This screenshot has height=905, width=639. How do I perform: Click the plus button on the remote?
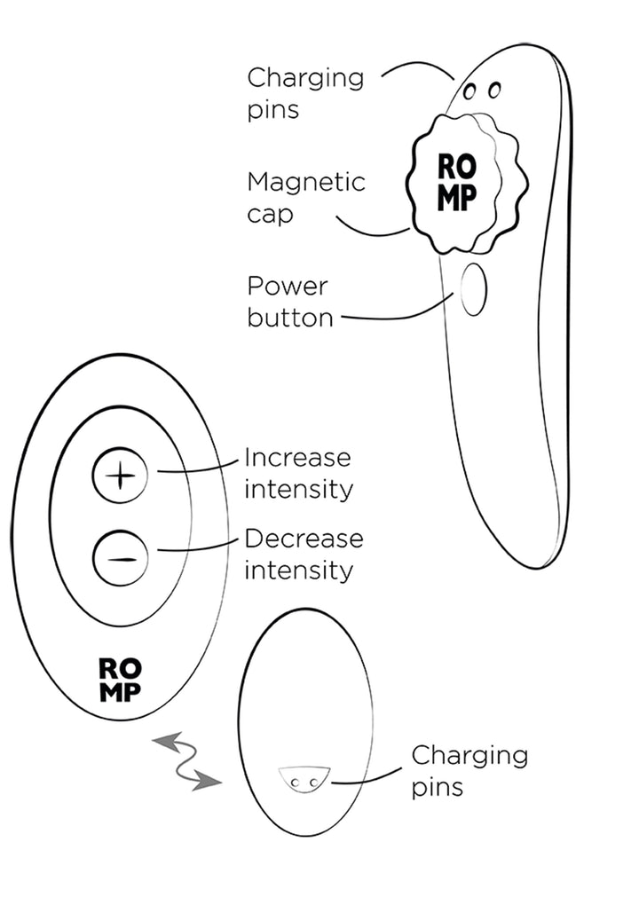click(x=120, y=476)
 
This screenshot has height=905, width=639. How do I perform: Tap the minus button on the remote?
click(x=120, y=558)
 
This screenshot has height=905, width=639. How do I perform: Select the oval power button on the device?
click(x=473, y=290)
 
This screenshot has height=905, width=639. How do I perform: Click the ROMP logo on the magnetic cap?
click(x=456, y=182)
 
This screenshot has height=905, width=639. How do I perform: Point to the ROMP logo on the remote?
click(x=120, y=681)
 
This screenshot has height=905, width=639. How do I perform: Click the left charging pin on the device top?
click(x=470, y=91)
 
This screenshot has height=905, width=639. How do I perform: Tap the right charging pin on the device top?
click(x=493, y=90)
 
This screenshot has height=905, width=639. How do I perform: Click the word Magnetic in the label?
click(x=306, y=183)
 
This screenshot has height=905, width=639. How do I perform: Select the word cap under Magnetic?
click(x=270, y=216)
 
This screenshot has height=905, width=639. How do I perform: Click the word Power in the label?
click(x=287, y=287)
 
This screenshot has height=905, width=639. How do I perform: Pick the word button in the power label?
click(x=290, y=318)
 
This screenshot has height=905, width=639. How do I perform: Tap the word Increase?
click(x=297, y=458)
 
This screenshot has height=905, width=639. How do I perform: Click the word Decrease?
click(x=304, y=539)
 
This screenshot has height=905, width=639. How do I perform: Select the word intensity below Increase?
click(x=298, y=490)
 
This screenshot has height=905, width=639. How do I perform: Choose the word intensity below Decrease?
click(x=298, y=571)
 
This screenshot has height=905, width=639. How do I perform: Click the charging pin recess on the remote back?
click(x=304, y=779)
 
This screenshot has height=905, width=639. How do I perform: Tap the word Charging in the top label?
click(x=305, y=78)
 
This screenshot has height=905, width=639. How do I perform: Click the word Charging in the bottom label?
click(x=469, y=756)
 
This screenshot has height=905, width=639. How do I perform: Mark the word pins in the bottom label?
click(x=437, y=788)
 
